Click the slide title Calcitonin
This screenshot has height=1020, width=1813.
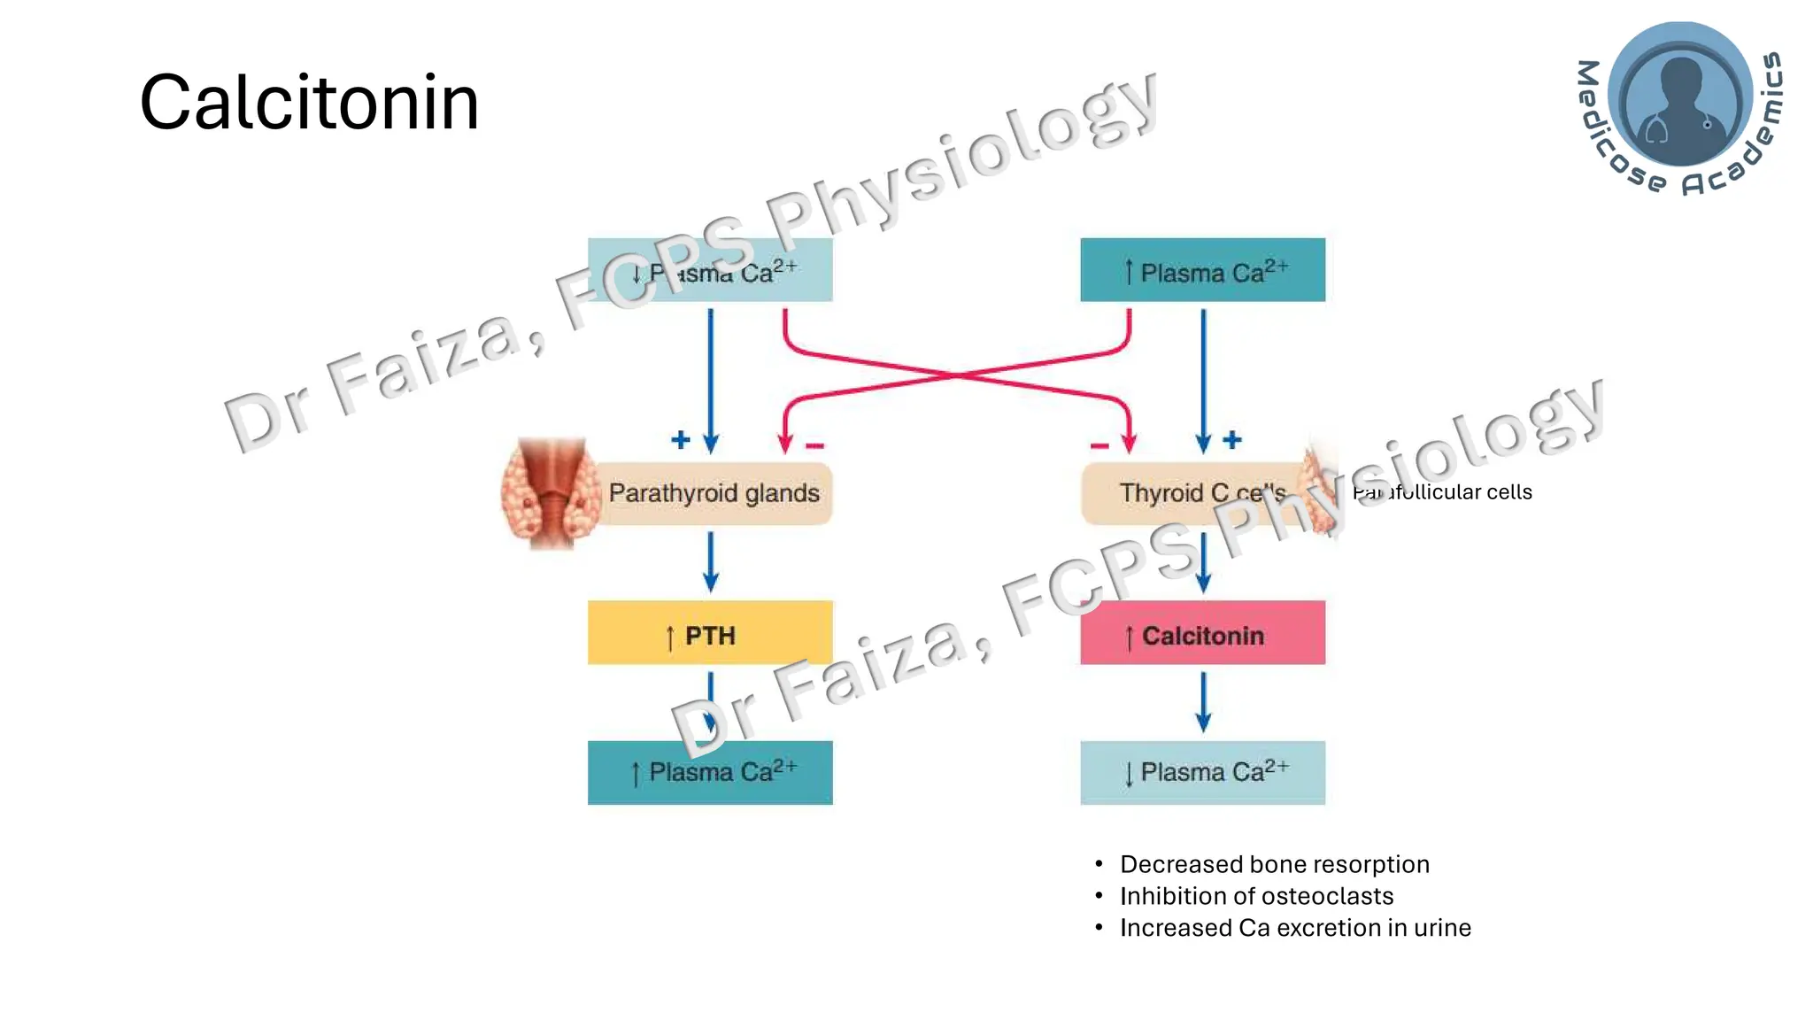tap(309, 103)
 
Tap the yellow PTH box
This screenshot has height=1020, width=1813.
tap(710, 633)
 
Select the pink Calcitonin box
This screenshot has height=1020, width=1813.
tap(1202, 633)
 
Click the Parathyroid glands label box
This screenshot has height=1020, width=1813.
tap(714, 493)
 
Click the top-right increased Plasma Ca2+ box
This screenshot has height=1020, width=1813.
tap(1202, 270)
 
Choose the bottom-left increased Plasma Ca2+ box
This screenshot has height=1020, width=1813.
tap(710, 772)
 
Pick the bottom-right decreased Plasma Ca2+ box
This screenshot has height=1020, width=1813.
tap(1202, 772)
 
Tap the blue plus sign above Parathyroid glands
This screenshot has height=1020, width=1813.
tap(680, 440)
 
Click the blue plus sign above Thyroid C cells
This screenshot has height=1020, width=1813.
tap(1232, 440)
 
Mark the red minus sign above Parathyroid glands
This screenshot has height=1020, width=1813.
tap(815, 445)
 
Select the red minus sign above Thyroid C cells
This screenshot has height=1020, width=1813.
tap(1099, 445)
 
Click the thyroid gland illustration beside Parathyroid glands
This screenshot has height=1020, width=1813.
tap(549, 494)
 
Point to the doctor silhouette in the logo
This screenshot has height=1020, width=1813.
tap(1680, 97)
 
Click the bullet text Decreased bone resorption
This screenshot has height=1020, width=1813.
tap(1274, 864)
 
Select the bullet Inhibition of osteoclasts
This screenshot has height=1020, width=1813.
tap(1256, 896)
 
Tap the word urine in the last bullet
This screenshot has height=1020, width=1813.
tap(1442, 928)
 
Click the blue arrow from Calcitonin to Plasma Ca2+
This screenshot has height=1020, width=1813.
tap(1203, 701)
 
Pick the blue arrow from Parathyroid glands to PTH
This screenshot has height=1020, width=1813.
tap(710, 561)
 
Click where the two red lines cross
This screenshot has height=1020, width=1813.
tap(957, 375)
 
